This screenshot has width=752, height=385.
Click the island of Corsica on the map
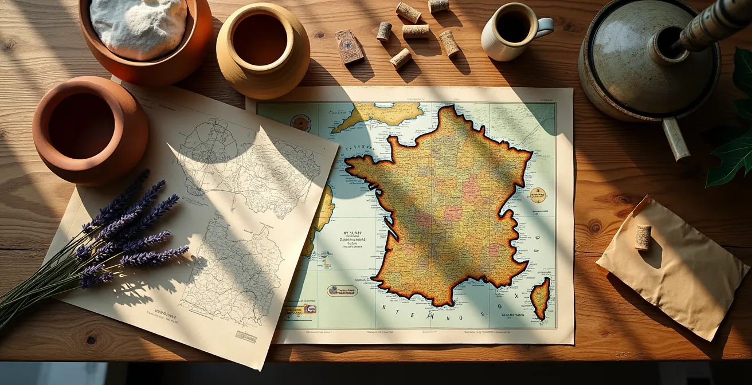540,297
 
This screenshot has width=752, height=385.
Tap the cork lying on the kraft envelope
643,237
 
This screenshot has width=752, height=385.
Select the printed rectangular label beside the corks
349,46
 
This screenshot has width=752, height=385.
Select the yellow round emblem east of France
537,195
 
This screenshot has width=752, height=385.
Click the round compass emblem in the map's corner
300,123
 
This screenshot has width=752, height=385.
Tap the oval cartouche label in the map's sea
342,290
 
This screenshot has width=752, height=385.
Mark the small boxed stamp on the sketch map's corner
246,336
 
